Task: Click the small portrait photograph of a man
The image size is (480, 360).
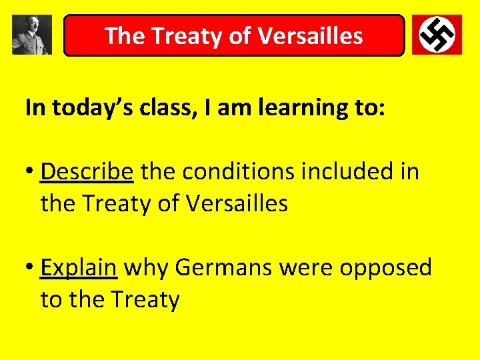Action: tap(31, 35)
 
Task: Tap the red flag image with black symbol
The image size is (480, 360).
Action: tap(437, 35)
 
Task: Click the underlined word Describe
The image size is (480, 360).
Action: tap(87, 171)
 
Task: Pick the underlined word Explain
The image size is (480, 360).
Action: tap(79, 267)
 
